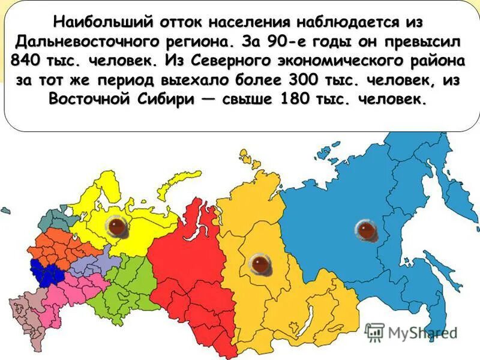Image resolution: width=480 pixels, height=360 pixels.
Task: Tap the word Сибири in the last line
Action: (x=166, y=100)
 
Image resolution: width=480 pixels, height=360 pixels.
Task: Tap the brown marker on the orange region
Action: (x=259, y=264)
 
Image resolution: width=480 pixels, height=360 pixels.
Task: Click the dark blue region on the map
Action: (x=46, y=273)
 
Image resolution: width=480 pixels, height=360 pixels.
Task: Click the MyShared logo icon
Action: (x=374, y=332)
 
